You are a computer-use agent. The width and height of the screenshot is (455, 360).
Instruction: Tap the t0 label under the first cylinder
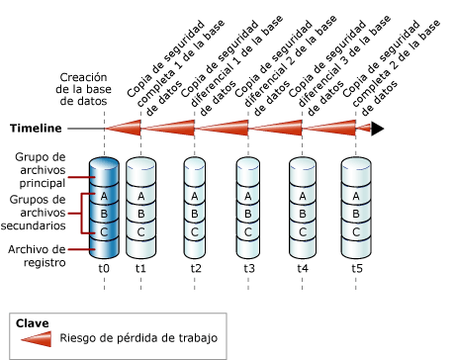pyautogui.click(x=104, y=269)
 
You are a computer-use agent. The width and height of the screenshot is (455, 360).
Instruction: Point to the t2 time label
pyautogui.click(x=196, y=269)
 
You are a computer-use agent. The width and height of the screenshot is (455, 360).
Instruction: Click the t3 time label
pyautogui.click(x=249, y=269)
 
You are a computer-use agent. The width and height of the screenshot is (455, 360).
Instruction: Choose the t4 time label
pyautogui.click(x=303, y=269)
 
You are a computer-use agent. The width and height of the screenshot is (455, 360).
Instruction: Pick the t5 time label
pyautogui.click(x=356, y=269)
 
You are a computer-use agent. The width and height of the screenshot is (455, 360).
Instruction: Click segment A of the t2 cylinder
pyautogui.click(x=196, y=196)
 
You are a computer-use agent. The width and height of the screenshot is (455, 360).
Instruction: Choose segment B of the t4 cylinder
pyautogui.click(x=303, y=215)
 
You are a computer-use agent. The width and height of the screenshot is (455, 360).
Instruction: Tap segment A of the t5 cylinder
pyautogui.click(x=356, y=196)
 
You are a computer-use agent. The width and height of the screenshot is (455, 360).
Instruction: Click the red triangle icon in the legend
pyautogui.click(x=35, y=339)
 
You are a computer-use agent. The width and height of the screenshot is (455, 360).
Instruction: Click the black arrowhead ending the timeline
pyautogui.click(x=378, y=128)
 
